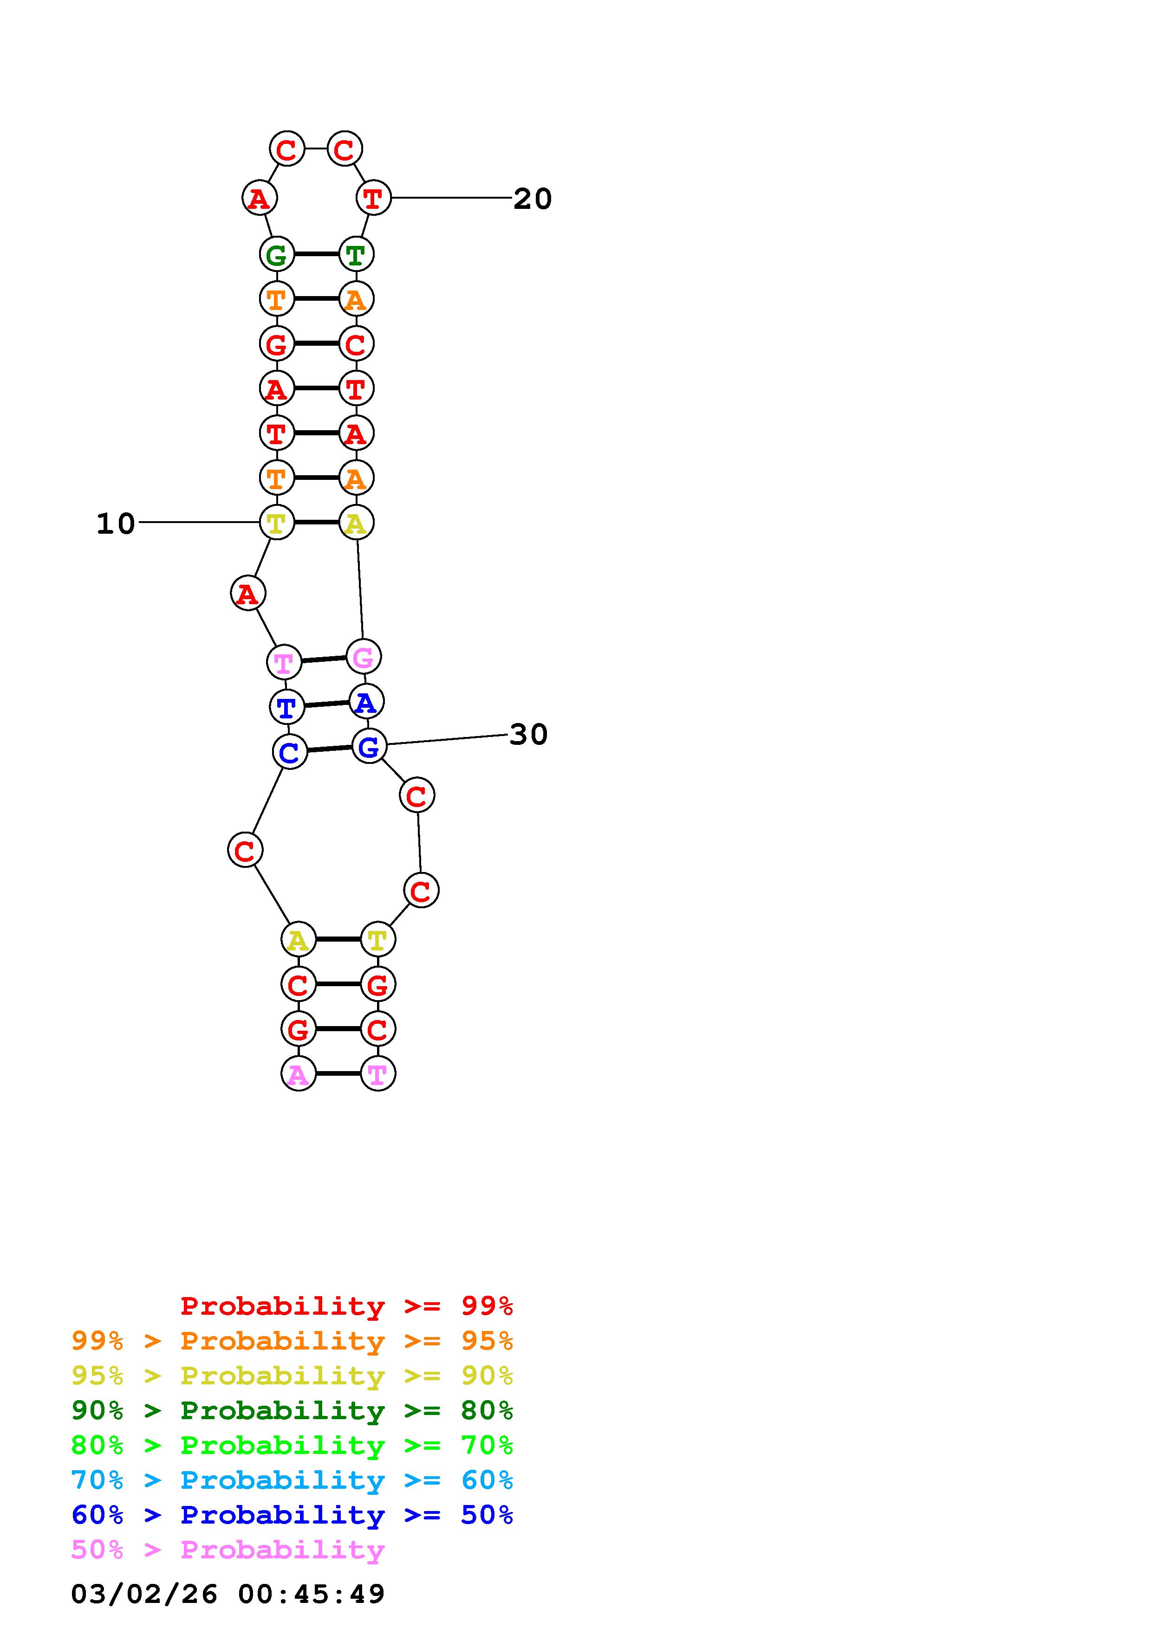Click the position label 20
532,199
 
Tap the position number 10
116,524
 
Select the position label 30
528,735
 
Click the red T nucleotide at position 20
373,198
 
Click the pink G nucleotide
363,657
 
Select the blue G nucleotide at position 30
369,746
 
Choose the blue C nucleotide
289,752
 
